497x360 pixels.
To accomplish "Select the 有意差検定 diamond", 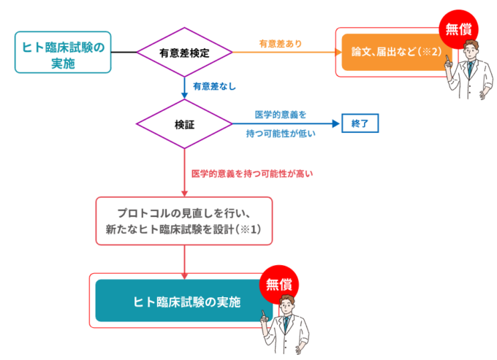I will [x=185, y=53].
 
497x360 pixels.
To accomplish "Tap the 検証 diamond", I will [x=185, y=124].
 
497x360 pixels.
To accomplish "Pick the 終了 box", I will [x=360, y=123].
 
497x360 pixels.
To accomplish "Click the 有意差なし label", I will [x=214, y=86].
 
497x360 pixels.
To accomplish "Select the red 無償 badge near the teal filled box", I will [x=280, y=283].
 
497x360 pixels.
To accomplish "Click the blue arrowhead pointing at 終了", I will [x=337, y=123].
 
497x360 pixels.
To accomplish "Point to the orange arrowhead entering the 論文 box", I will [x=338, y=53].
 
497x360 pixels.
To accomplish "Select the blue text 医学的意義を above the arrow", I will [x=281, y=114].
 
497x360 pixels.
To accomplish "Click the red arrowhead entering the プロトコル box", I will [x=185, y=194].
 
